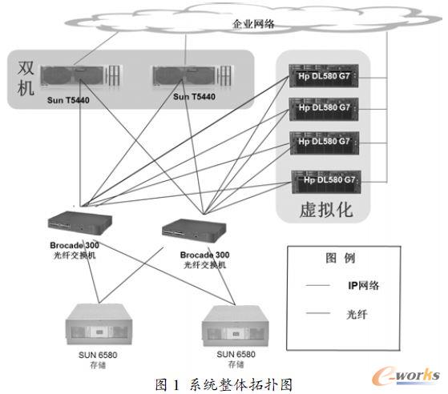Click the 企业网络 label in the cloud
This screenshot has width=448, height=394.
[x=253, y=25]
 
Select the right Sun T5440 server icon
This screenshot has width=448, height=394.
[x=185, y=78]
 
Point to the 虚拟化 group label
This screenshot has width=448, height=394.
[x=325, y=211]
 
